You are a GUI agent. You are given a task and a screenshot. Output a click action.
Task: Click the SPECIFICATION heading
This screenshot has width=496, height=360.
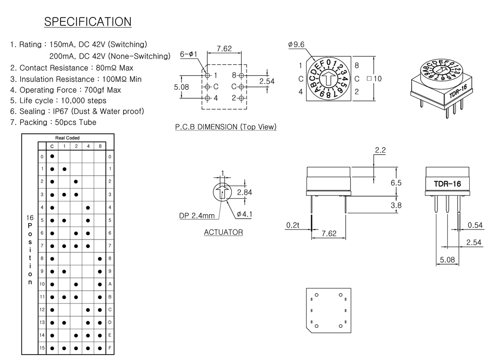[x=88, y=22]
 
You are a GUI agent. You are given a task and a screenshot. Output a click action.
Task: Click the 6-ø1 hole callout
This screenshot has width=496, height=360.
[x=188, y=54]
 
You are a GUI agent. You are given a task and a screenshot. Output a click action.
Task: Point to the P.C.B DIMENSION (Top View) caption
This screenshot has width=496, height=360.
[x=226, y=127]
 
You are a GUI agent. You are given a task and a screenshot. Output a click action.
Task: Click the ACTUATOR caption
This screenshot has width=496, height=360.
[x=223, y=232]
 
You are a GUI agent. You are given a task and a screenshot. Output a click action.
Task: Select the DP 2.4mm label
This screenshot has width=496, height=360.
[x=197, y=216]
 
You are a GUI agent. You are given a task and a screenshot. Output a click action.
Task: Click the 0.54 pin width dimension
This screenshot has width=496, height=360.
[x=475, y=225]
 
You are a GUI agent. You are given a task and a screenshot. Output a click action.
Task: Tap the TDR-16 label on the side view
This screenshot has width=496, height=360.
[x=447, y=184]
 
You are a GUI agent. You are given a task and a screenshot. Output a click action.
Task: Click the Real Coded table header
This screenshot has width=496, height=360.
[x=67, y=137]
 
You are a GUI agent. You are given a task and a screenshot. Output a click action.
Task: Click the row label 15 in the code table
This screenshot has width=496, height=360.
[x=42, y=348]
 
